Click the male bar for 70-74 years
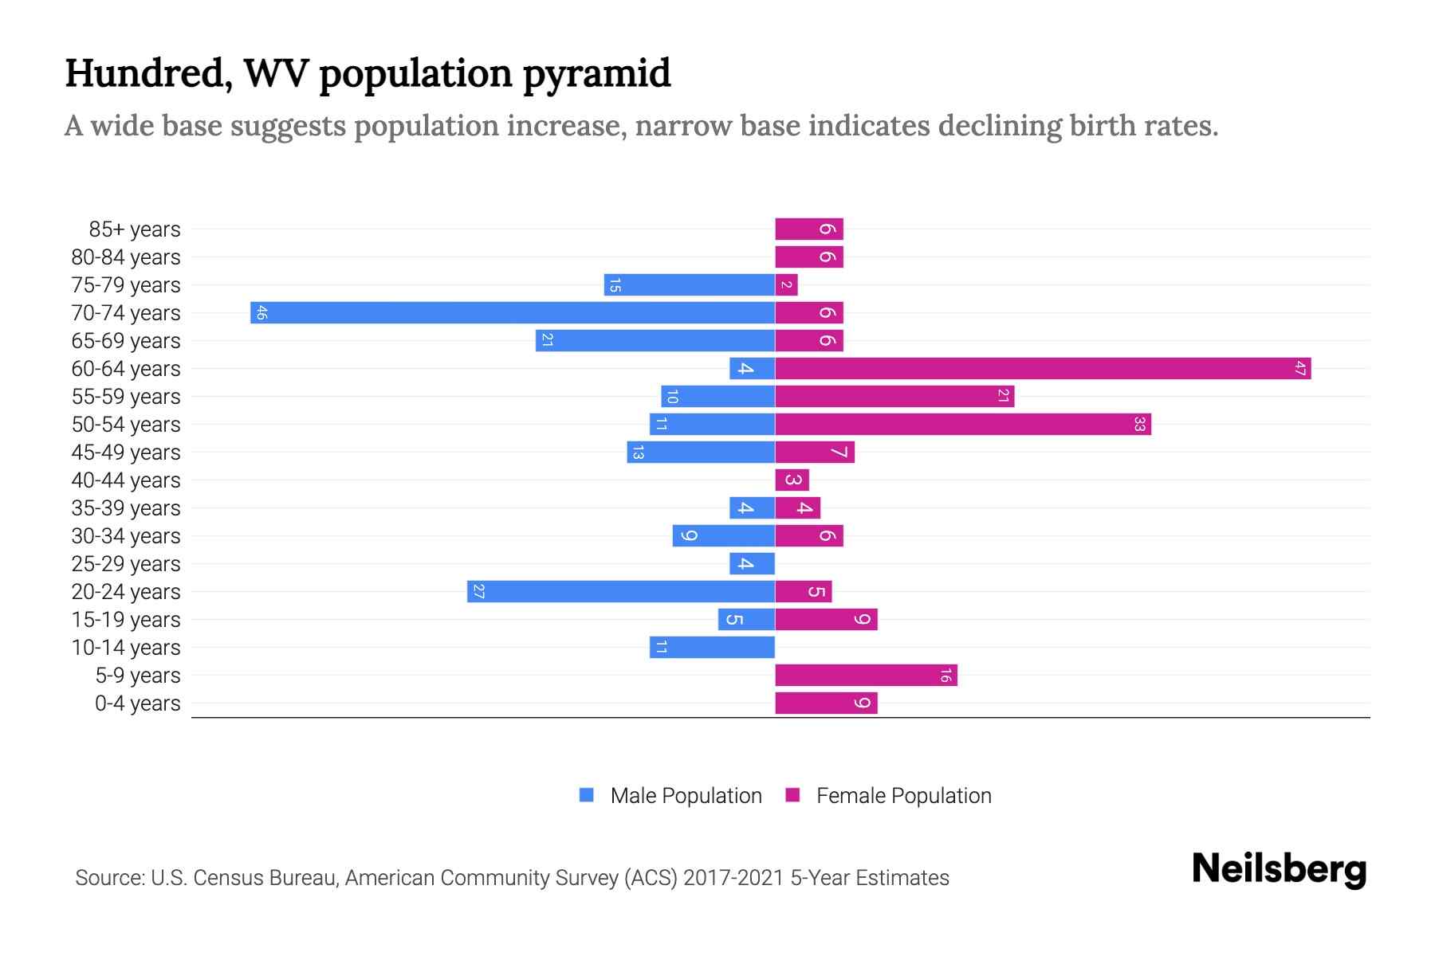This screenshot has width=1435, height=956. pyautogui.click(x=513, y=312)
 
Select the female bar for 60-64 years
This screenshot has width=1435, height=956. pyautogui.click(x=1043, y=368)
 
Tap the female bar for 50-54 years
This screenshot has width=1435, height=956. pyautogui.click(x=963, y=424)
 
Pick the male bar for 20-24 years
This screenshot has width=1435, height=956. pyautogui.click(x=621, y=591)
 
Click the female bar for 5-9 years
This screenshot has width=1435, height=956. pyautogui.click(x=866, y=675)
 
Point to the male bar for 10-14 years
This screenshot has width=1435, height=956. pyautogui.click(x=712, y=647)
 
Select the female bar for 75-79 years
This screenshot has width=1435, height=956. pyautogui.click(x=786, y=284)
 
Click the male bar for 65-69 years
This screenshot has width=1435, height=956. pyautogui.click(x=655, y=340)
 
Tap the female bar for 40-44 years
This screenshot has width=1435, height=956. pyautogui.click(x=792, y=480)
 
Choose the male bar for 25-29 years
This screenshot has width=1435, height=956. pyautogui.click(x=752, y=563)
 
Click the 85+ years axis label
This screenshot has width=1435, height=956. pyautogui.click(x=134, y=229)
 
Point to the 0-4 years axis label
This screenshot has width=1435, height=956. pyautogui.click(x=137, y=703)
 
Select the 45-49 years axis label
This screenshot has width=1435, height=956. pyautogui.click(x=126, y=453)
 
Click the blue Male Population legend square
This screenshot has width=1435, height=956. pyautogui.click(x=587, y=795)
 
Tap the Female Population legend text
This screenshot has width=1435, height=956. pyautogui.click(x=903, y=795)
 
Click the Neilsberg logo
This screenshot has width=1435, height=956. pyautogui.click(x=1279, y=868)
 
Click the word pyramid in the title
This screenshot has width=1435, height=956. pyautogui.click(x=596, y=73)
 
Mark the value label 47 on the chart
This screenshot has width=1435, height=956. pyautogui.click(x=1299, y=368)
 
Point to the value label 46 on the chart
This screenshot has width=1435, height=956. pyautogui.click(x=261, y=312)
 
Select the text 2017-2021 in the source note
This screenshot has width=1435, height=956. pyautogui.click(x=733, y=878)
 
